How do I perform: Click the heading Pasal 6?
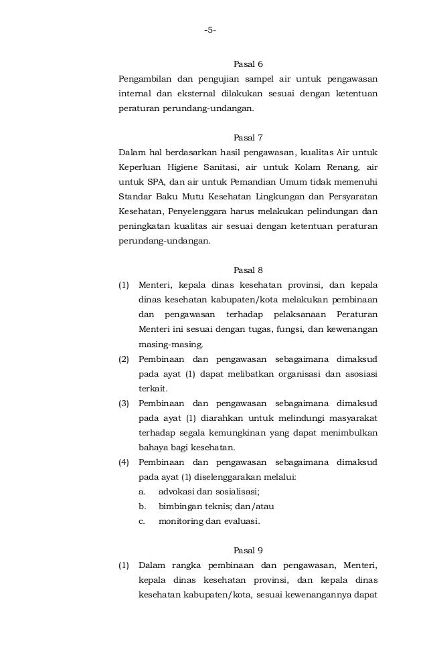click(248, 65)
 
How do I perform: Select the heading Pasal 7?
click(248, 138)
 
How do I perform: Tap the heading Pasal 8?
click(248, 270)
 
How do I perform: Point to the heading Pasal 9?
click(248, 551)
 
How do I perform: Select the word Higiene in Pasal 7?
click(194, 167)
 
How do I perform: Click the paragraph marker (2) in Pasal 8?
click(124, 359)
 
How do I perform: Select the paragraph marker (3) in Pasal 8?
click(124, 403)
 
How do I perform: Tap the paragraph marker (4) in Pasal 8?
click(124, 462)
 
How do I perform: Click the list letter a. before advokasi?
click(143, 492)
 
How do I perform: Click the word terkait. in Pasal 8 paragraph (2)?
click(153, 389)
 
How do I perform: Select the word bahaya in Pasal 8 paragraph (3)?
click(153, 448)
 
